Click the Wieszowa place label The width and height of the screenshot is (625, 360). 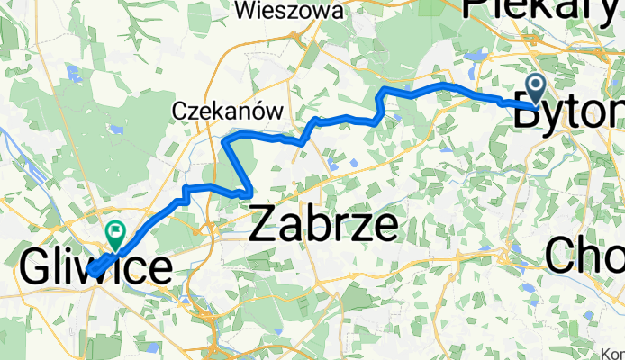(x=288, y=11)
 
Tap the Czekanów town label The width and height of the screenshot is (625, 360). (x=227, y=110)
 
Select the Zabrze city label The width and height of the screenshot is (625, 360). (x=323, y=225)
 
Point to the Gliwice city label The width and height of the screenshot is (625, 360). (x=95, y=268)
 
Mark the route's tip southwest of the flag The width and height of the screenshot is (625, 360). (x=92, y=271)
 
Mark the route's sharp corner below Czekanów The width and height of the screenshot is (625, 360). (x=225, y=139)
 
